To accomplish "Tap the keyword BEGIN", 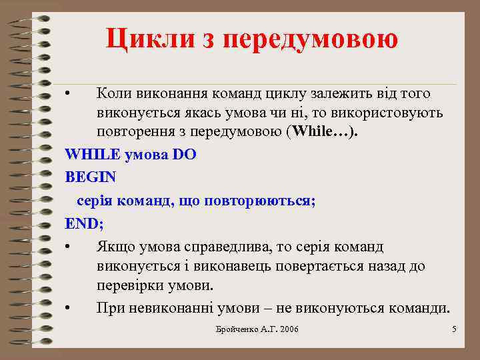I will click(x=91, y=178).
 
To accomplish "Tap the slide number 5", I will click(x=453, y=330).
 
